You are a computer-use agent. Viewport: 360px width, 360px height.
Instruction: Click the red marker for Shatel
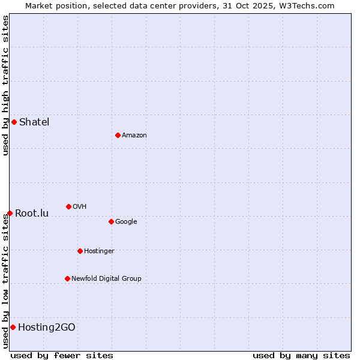tap(14, 122)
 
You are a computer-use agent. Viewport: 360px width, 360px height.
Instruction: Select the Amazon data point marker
tap(118, 135)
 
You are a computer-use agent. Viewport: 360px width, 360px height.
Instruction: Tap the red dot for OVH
tap(68, 206)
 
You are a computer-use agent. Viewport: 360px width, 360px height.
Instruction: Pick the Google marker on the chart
tap(111, 221)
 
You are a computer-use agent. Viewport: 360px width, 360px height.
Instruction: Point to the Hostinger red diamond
tap(80, 251)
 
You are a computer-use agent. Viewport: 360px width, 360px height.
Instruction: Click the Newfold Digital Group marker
tap(67, 278)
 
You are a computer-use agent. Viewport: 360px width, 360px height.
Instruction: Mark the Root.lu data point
tap(10, 213)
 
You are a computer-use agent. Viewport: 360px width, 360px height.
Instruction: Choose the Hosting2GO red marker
tap(13, 327)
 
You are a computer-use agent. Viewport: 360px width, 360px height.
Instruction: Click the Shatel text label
tap(34, 122)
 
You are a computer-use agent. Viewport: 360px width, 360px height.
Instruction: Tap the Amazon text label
tap(134, 136)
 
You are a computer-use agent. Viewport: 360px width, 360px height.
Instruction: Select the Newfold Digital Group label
tap(106, 278)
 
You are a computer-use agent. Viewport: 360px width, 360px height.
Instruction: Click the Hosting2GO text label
tap(47, 327)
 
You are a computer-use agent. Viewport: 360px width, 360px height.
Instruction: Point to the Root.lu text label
tap(32, 214)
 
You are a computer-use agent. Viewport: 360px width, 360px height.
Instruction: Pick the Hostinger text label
tap(99, 251)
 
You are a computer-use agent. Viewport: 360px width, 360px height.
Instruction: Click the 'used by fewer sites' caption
tap(62, 355)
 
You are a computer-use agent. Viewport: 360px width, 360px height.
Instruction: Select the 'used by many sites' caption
tap(301, 355)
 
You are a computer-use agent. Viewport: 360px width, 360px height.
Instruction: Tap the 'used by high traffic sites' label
tap(5, 85)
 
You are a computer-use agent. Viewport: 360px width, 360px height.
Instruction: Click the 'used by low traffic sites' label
tap(5, 280)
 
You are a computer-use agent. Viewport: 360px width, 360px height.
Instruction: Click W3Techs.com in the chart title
tap(310, 5)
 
